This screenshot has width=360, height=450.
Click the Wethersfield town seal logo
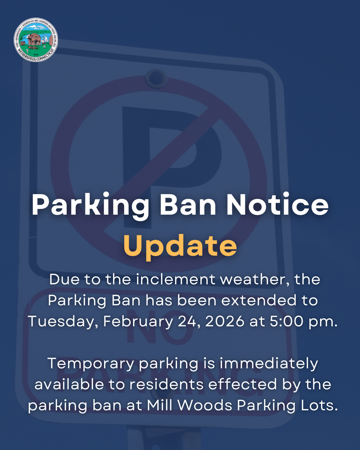coord(36,40)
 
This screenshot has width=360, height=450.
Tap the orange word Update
coord(180,246)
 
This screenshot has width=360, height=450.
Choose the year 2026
coord(225,321)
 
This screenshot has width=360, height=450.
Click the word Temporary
coord(90,364)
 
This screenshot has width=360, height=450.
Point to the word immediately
coord(269,364)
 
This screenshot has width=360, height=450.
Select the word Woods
coord(205,405)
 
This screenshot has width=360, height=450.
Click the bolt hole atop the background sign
coord(156,78)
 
